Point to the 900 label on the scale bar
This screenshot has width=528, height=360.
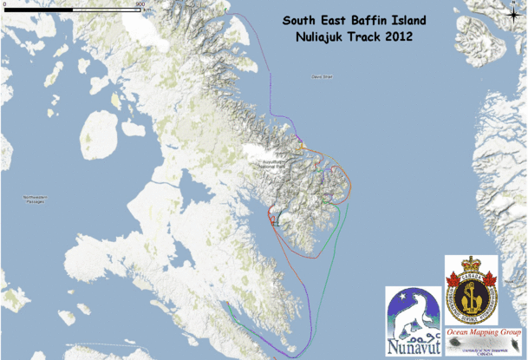(x=139, y=3)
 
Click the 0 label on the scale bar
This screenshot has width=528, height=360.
(x=4, y=3)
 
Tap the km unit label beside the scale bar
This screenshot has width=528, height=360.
(x=147, y=9)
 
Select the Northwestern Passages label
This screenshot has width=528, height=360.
(x=34, y=200)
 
